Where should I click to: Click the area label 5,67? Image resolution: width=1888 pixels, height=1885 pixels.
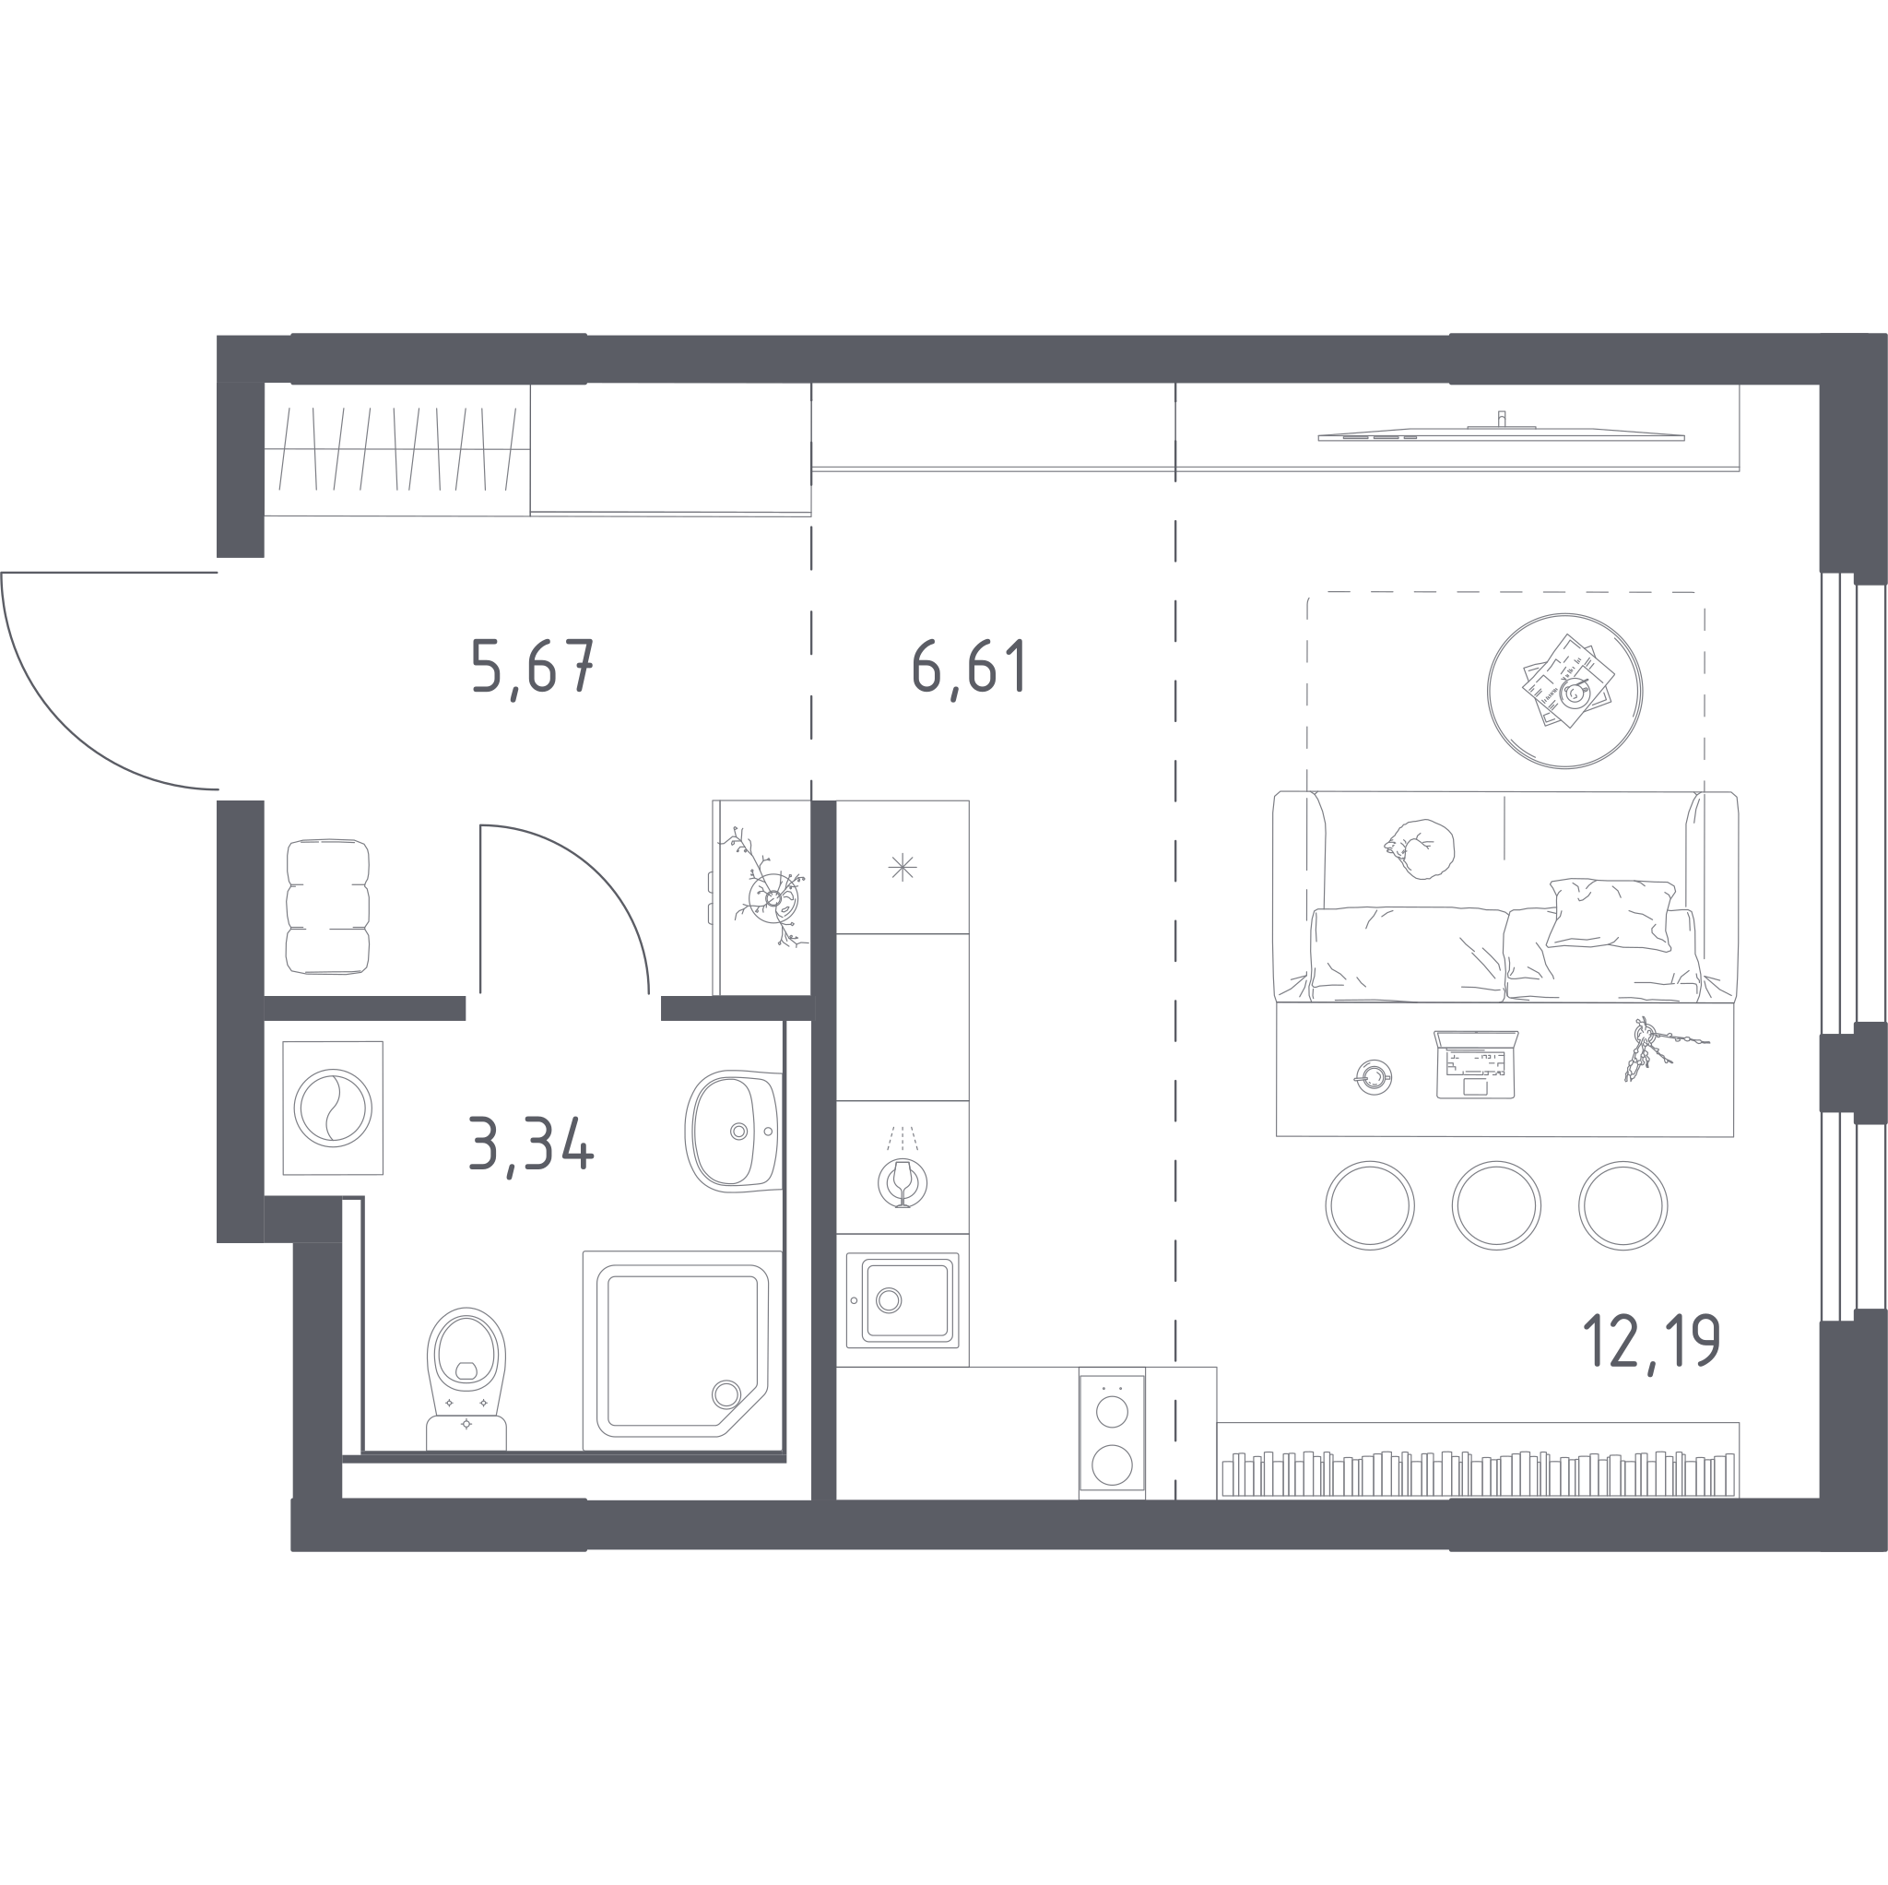[533, 668]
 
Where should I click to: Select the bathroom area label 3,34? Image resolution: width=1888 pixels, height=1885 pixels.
[531, 1146]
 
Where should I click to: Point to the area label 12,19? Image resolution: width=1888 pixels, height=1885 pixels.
[1650, 1343]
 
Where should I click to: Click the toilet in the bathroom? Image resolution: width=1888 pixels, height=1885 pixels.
[466, 1379]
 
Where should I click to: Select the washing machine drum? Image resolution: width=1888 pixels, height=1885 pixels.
[333, 1108]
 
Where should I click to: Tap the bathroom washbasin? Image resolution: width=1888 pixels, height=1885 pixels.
[734, 1132]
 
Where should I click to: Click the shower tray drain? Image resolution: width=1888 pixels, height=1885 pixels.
[726, 1393]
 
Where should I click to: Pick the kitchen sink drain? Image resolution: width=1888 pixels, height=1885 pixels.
[889, 1300]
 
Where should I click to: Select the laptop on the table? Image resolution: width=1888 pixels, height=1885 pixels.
[1476, 1063]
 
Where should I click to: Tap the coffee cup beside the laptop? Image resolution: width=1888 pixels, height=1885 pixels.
[1374, 1077]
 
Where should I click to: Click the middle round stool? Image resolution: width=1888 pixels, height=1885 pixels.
[1496, 1205]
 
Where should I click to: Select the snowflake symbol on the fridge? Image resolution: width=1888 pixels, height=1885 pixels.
[902, 867]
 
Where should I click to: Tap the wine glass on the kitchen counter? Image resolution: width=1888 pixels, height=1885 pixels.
[902, 1183]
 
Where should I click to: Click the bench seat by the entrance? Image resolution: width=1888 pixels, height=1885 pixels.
[327, 907]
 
